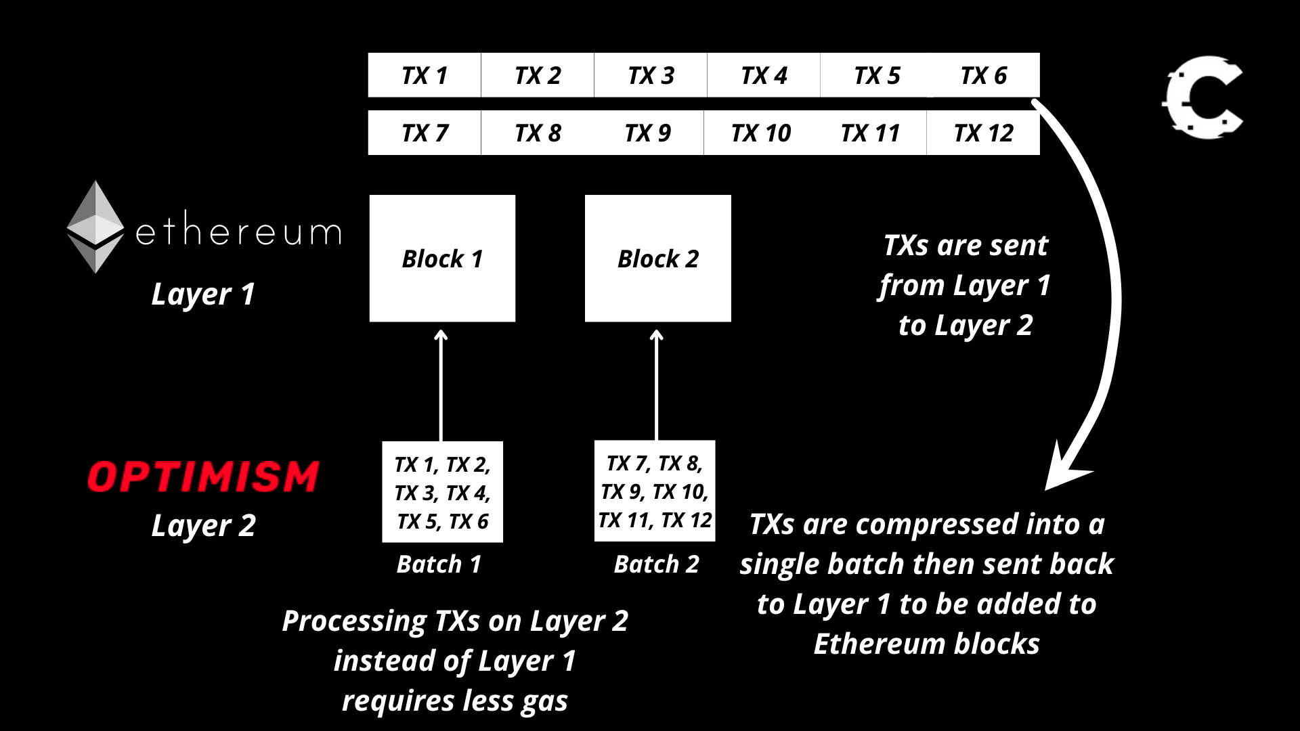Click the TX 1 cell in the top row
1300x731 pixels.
[x=425, y=75]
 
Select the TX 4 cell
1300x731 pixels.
[x=764, y=75]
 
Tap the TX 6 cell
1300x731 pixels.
[x=984, y=75]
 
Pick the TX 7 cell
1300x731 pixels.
[x=425, y=133]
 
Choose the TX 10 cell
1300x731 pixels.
[x=760, y=133]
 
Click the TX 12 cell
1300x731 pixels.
[x=983, y=133]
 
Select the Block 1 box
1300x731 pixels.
[x=442, y=259]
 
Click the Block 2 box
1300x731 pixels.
[x=657, y=259]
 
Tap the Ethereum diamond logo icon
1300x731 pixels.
[x=95, y=227]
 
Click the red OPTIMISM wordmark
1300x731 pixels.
[x=203, y=477]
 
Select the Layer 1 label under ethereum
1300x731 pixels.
[x=203, y=294]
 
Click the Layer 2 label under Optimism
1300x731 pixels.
[x=203, y=526]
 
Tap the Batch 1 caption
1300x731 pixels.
[x=439, y=564]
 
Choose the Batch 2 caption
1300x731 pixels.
[x=656, y=564]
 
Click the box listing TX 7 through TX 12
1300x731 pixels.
[x=655, y=491]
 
